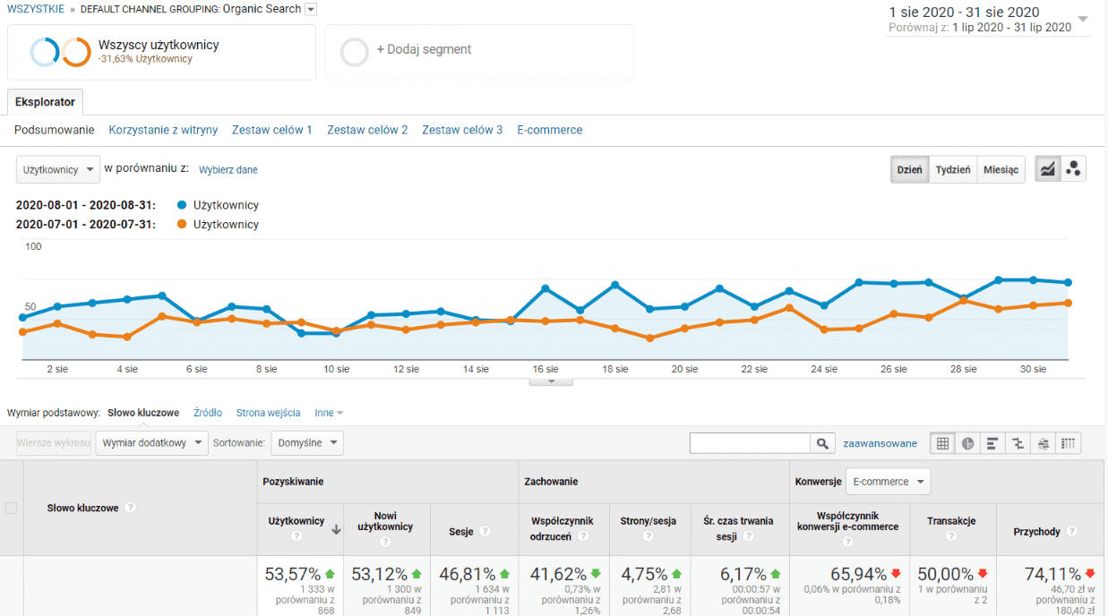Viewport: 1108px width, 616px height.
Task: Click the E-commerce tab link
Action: pyautogui.click(x=549, y=130)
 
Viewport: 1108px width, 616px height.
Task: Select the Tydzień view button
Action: pyautogui.click(x=952, y=169)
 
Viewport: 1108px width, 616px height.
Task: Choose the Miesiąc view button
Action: pyautogui.click(x=1001, y=169)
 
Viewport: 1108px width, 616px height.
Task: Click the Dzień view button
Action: pyautogui.click(x=909, y=169)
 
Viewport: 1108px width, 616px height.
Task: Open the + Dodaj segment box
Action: pyautogui.click(x=478, y=51)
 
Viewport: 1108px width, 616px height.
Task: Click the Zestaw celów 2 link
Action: pyautogui.click(x=367, y=130)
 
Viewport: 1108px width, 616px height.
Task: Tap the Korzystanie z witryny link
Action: pyautogui.click(x=163, y=130)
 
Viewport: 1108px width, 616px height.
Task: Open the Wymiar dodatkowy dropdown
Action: pyautogui.click(x=151, y=442)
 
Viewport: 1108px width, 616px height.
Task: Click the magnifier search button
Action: pyautogui.click(x=822, y=443)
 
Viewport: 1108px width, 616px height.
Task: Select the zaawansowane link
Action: pyautogui.click(x=880, y=443)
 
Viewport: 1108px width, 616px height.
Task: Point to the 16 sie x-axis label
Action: pyautogui.click(x=545, y=369)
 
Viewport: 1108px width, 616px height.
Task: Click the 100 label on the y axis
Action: pyautogui.click(x=33, y=246)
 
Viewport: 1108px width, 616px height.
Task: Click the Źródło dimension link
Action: pyautogui.click(x=208, y=413)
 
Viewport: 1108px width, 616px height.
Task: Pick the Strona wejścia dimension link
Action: pyautogui.click(x=268, y=413)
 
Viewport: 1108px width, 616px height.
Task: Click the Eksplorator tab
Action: pyautogui.click(x=45, y=102)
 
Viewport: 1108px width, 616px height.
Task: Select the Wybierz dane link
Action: pyautogui.click(x=228, y=169)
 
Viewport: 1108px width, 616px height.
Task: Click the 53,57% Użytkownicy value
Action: pyautogui.click(x=293, y=575)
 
